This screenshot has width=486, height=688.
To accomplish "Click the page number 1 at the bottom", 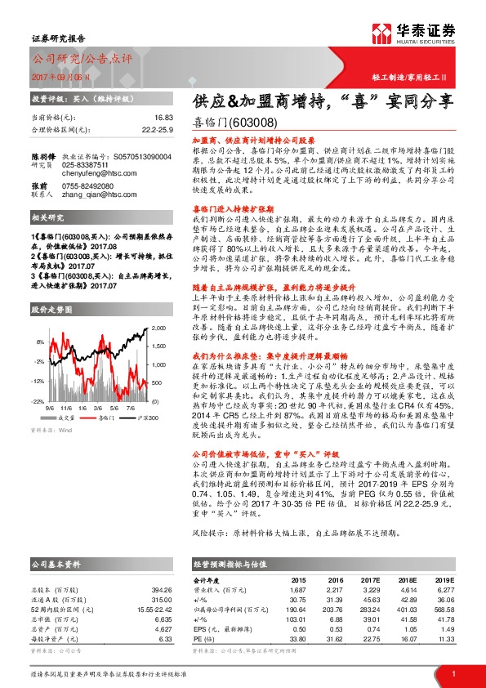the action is [453, 673].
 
